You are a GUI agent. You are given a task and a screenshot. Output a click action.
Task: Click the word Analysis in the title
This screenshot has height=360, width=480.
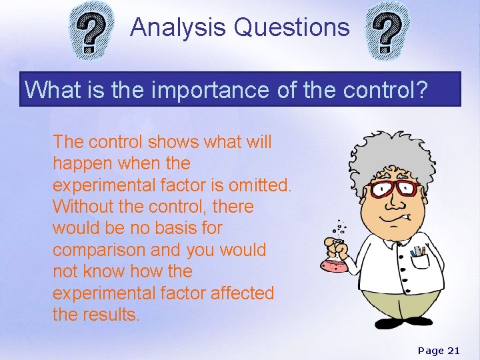[178, 28]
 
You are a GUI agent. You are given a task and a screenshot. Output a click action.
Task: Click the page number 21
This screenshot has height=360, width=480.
[453, 350]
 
